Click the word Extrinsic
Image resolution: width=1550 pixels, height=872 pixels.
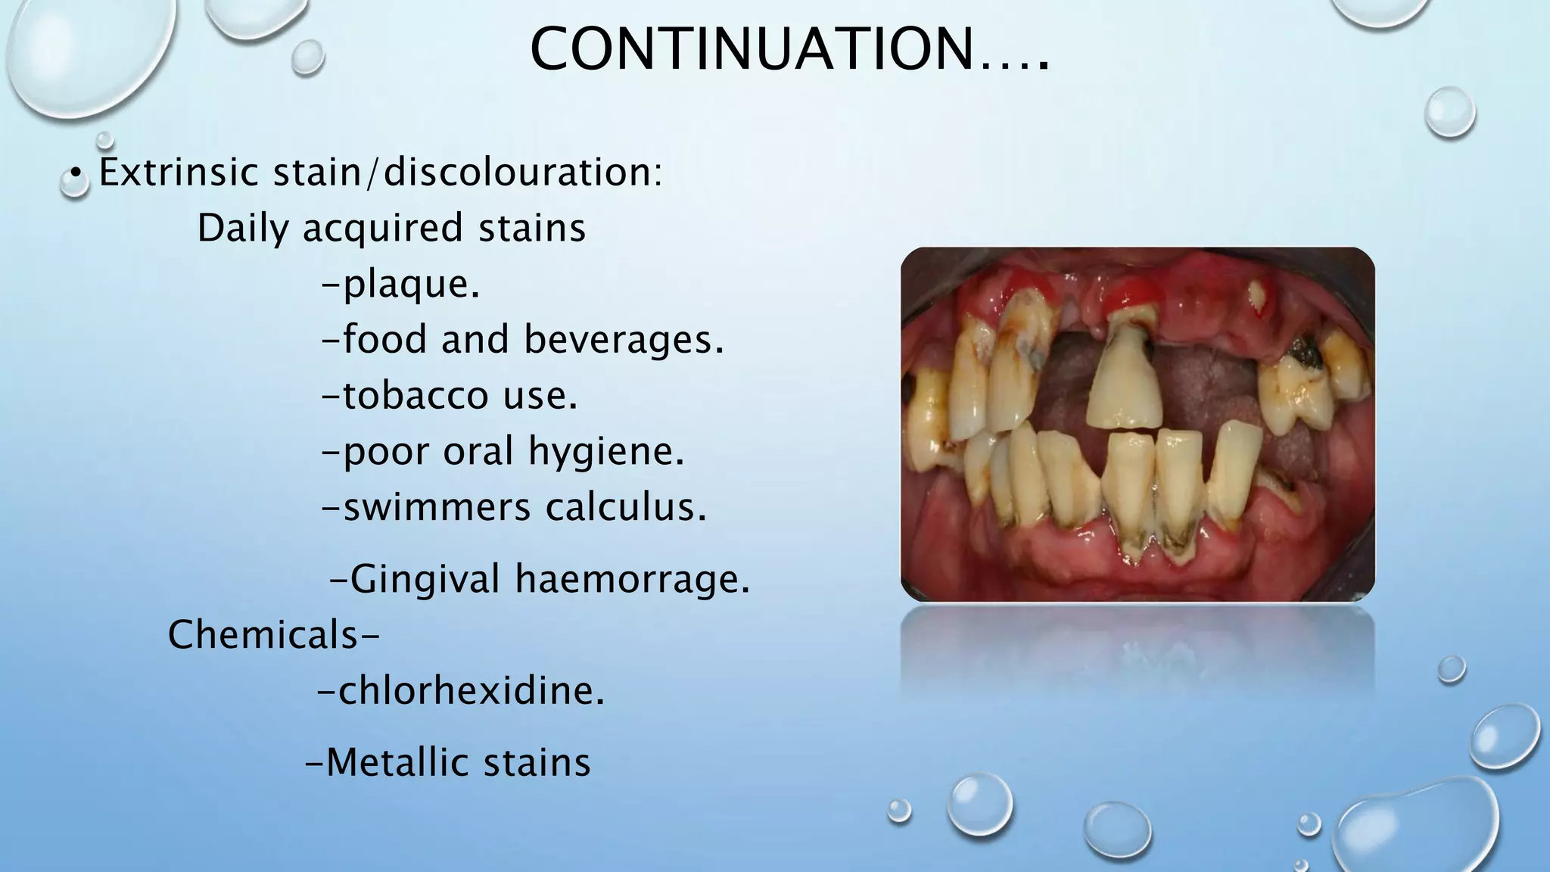click(x=179, y=173)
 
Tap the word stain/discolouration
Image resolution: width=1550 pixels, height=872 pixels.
click(x=467, y=173)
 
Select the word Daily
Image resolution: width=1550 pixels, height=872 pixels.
click(x=243, y=228)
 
